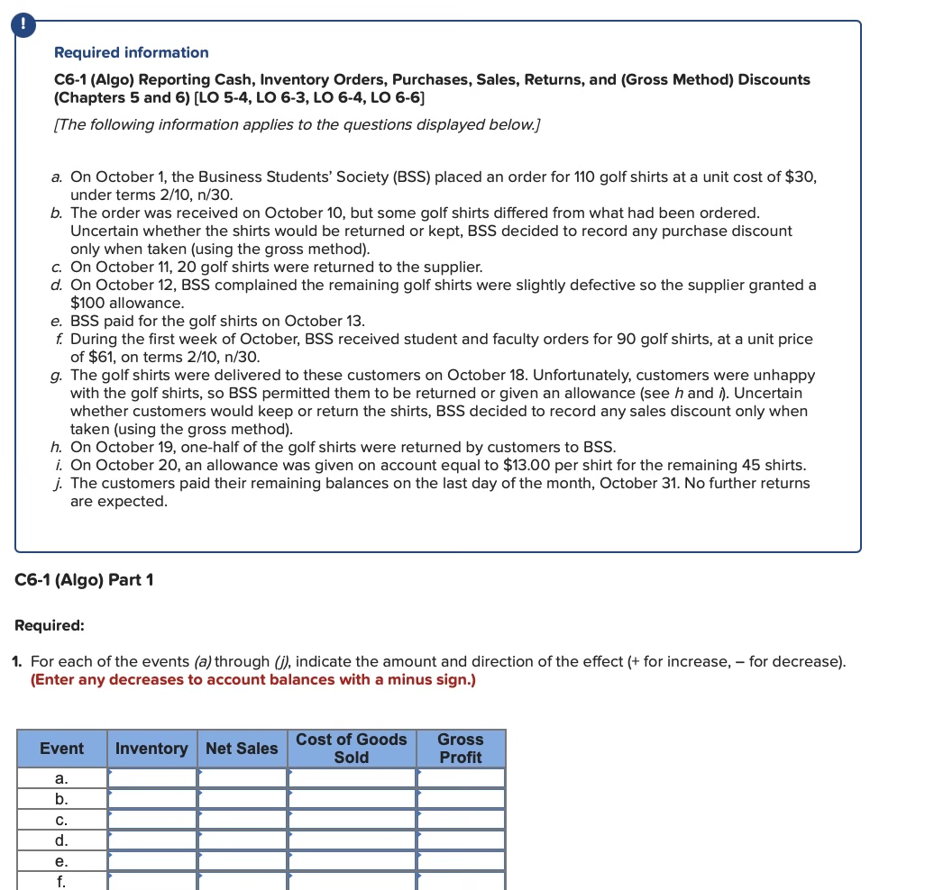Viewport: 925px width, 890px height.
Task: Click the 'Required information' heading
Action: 131,52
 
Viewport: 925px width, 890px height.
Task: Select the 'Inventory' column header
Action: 151,749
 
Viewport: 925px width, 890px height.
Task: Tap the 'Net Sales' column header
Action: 242,749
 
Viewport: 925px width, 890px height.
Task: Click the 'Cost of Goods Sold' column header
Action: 352,749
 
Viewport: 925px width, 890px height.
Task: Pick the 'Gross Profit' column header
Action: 461,749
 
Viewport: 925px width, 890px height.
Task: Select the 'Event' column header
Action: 61,749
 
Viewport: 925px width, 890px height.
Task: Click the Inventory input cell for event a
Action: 151,778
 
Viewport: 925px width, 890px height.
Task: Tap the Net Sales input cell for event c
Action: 242,820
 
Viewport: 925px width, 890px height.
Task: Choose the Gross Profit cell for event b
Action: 461,799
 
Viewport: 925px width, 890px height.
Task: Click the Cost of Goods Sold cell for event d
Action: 352,840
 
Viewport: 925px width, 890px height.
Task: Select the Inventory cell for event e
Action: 151,861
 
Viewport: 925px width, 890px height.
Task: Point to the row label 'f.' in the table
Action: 61,881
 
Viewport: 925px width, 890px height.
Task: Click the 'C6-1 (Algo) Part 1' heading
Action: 85,580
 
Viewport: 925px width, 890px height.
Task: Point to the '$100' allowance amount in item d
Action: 87,303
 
